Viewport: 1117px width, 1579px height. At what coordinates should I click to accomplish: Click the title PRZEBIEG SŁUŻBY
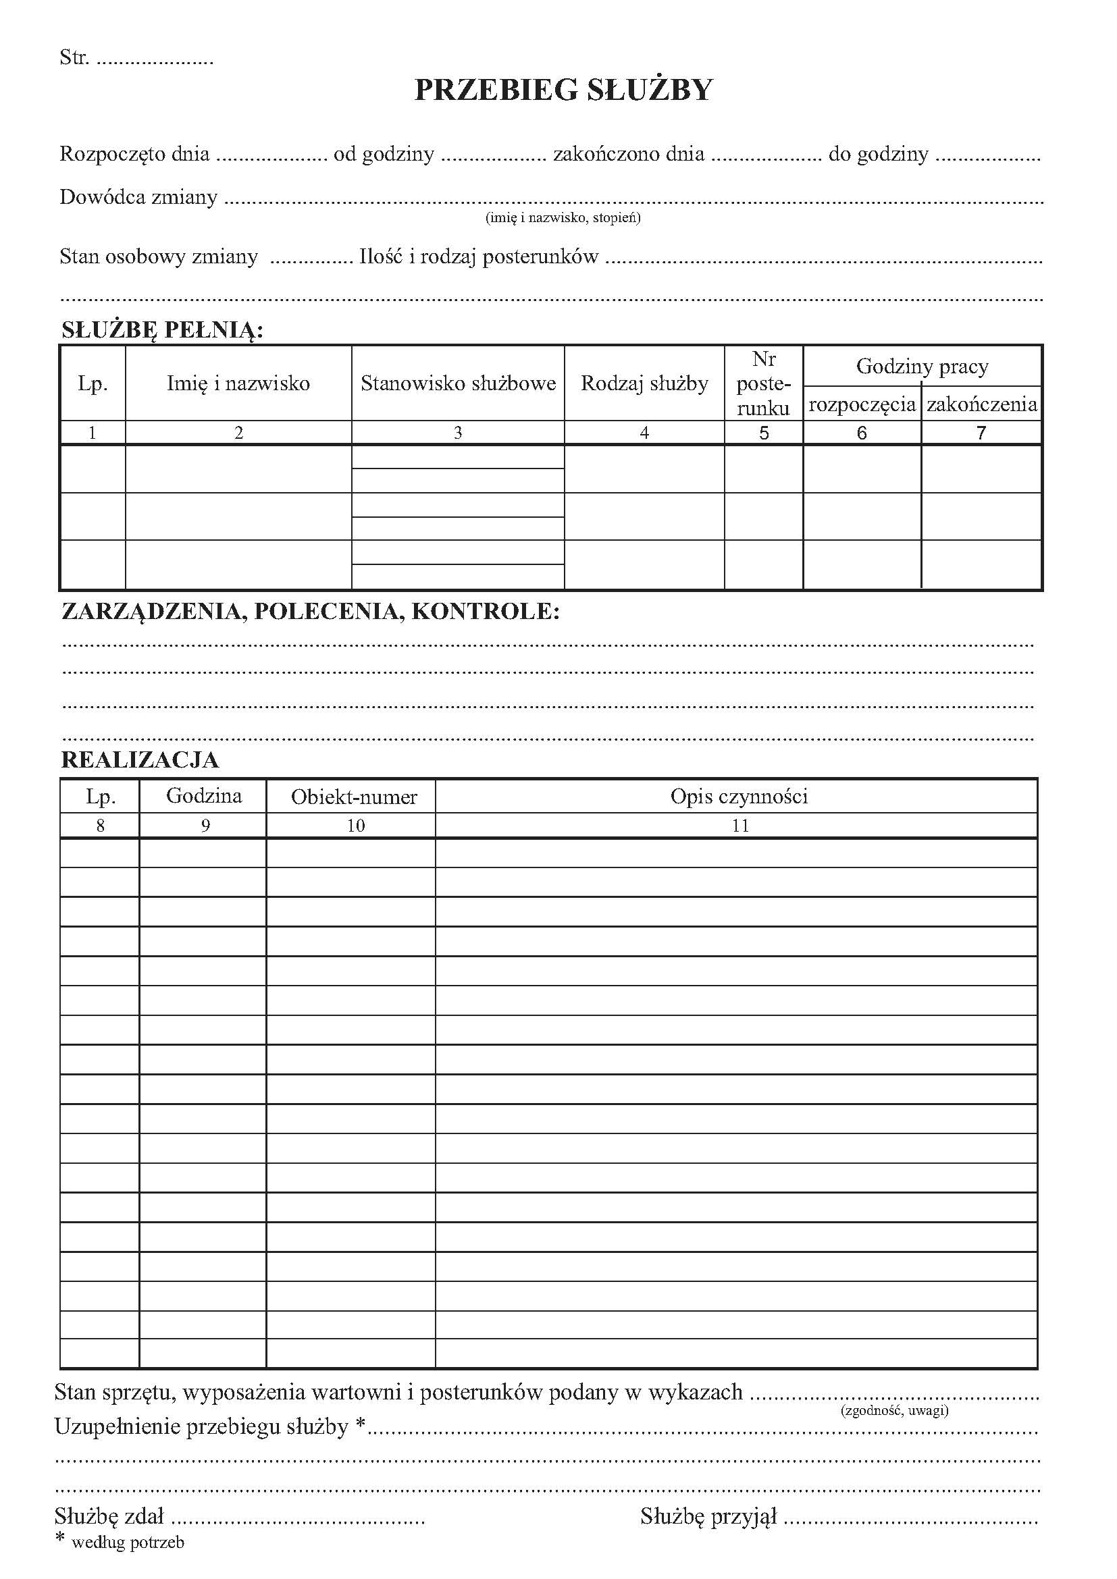point(563,90)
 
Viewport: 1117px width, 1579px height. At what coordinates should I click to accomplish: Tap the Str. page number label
point(74,57)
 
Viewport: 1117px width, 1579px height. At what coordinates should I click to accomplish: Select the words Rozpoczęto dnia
point(134,153)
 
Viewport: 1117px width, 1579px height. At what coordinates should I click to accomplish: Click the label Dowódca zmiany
point(138,197)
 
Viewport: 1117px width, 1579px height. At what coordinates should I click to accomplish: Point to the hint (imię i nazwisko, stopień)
point(563,218)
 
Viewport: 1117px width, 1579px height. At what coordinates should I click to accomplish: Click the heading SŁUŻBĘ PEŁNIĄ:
point(162,331)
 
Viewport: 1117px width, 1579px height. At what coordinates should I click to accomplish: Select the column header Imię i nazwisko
point(238,383)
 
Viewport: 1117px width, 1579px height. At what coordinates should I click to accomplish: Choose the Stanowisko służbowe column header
point(458,383)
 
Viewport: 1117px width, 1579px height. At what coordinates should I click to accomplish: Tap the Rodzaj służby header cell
point(644,383)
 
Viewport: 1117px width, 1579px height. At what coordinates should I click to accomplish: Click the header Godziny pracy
point(922,367)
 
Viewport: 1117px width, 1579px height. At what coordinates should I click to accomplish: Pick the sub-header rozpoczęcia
point(862,404)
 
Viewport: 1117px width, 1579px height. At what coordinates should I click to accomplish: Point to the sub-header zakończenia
point(981,404)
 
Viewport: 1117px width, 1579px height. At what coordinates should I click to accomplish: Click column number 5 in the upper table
point(764,433)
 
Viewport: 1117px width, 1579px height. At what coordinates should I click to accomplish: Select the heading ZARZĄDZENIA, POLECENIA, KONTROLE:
point(310,612)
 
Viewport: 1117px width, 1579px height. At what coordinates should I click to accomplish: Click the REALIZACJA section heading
point(140,760)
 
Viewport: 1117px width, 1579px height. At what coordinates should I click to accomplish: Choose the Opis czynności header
point(739,797)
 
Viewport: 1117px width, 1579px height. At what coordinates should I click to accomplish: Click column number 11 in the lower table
point(740,825)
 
